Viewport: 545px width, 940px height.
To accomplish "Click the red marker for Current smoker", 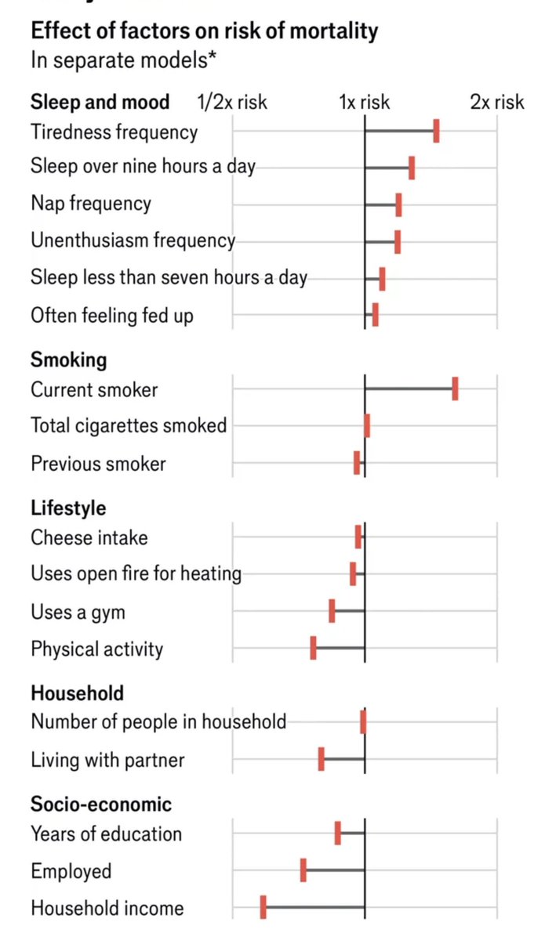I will [455, 389].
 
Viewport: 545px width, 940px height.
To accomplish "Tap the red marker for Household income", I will [263, 909].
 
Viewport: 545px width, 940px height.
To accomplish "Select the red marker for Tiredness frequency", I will [436, 132].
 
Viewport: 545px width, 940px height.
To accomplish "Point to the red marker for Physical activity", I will [313, 649].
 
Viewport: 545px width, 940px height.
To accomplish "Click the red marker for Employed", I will [303, 871].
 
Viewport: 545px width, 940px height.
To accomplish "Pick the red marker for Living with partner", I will [322, 759].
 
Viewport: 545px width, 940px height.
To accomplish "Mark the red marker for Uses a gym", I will [332, 611].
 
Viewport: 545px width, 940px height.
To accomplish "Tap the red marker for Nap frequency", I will [398, 204].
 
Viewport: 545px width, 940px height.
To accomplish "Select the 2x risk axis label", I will [497, 102].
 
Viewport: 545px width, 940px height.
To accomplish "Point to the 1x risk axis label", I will [364, 102].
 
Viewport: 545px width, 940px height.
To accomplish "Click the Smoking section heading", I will [68, 360].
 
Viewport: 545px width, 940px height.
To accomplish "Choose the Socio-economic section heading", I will [101, 804].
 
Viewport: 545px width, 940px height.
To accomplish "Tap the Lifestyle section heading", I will [68, 508].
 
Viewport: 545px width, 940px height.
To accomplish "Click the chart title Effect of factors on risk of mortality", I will [204, 31].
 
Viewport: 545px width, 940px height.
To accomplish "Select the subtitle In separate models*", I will [123, 60].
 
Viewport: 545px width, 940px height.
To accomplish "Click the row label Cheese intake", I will [89, 537].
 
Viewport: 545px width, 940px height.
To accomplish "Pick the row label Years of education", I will [106, 834].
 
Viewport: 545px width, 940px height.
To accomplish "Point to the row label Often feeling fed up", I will [112, 315].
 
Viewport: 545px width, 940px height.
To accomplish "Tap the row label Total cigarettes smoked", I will [129, 425].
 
